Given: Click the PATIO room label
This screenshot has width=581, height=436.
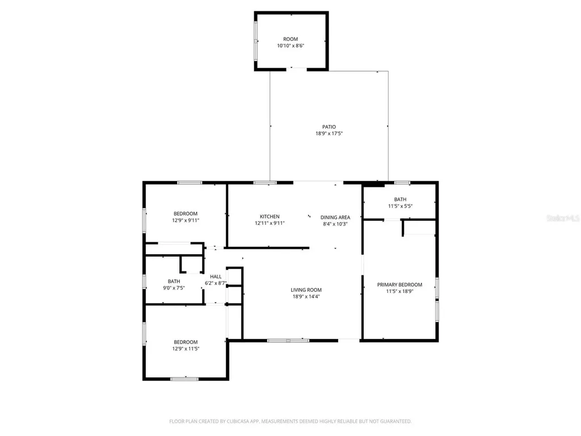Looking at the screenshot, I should click(329, 127).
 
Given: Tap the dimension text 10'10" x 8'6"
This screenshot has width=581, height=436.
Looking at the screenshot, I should click(290, 46).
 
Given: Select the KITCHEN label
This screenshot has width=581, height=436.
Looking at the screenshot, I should click(270, 217).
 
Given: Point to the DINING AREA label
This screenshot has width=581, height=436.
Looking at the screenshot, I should click(335, 217).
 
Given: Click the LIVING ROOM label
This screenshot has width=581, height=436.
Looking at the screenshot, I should click(306, 290).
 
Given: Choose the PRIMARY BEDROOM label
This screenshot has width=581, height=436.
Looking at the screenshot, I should click(400, 284).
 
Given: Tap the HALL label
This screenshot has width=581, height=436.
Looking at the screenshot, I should click(216, 276).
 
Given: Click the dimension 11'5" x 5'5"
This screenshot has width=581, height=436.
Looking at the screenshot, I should click(400, 206).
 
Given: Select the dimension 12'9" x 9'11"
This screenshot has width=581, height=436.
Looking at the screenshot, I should click(186, 220).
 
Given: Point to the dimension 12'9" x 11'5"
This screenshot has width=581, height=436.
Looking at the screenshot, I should click(186, 349).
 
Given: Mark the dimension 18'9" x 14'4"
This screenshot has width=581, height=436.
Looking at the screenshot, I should click(306, 296).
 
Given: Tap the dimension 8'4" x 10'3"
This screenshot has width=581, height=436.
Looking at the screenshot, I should click(335, 224).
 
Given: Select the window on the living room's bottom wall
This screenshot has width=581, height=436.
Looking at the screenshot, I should click(288, 340).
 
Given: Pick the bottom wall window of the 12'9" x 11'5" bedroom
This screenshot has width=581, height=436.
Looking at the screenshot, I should click(184, 379).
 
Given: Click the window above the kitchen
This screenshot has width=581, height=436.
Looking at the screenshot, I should click(265, 182).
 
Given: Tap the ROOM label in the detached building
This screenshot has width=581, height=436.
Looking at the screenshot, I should click(290, 39).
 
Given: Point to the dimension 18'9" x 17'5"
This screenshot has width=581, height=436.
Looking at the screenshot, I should click(329, 133).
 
